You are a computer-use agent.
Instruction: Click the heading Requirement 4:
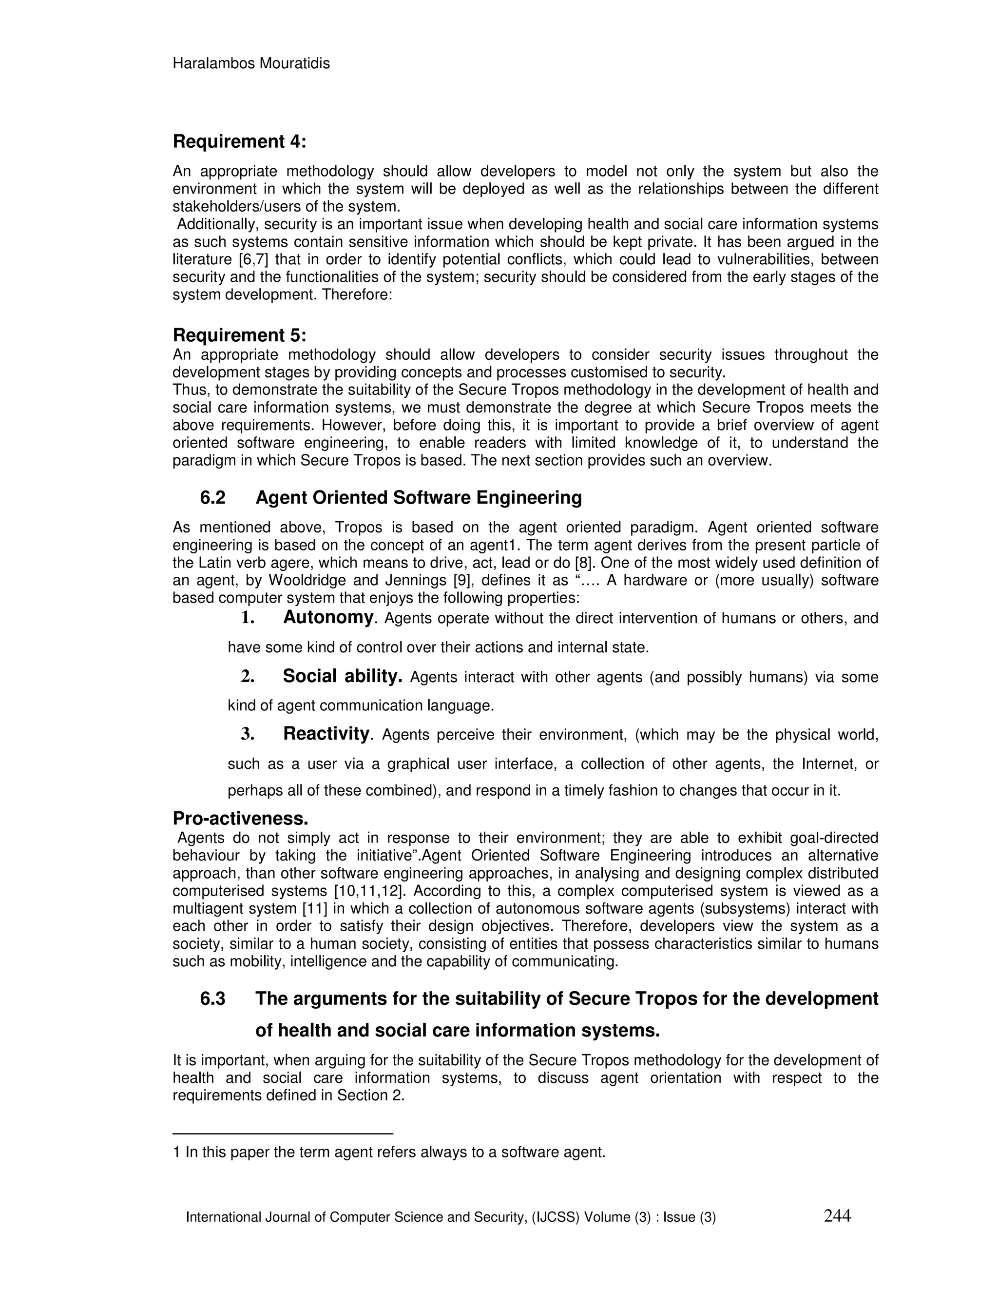[x=239, y=142]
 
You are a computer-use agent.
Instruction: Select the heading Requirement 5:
[x=239, y=335]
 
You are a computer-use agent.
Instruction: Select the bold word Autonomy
[x=328, y=618]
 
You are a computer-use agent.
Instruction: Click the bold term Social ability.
[x=342, y=676]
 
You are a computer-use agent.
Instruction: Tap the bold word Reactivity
[x=326, y=734]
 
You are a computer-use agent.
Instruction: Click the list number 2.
[x=247, y=677]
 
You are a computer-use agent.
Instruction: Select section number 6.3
[x=213, y=999]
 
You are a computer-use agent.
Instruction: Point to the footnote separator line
[x=283, y=1134]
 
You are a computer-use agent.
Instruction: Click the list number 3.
[x=247, y=735]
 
